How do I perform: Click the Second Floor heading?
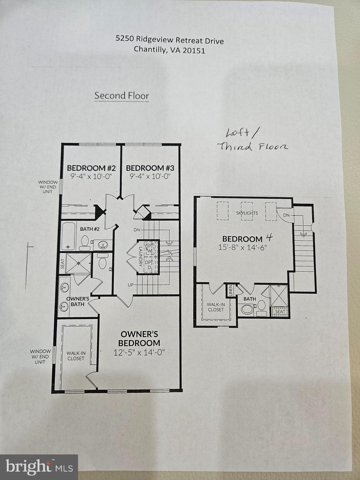pos(122,96)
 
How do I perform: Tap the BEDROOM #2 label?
pos(91,168)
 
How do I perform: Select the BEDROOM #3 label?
pos(150,168)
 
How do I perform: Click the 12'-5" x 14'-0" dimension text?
pos(139,352)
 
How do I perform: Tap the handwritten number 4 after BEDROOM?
pos(269,238)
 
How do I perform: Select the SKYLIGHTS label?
pos(247,213)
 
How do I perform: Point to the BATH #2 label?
pos(90,229)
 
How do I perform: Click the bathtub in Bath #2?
pos(68,236)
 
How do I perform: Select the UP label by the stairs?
pos(131,285)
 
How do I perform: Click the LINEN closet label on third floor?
pos(231,291)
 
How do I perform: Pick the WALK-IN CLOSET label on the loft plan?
pos(216,307)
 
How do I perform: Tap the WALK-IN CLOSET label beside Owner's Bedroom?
pos(76,356)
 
